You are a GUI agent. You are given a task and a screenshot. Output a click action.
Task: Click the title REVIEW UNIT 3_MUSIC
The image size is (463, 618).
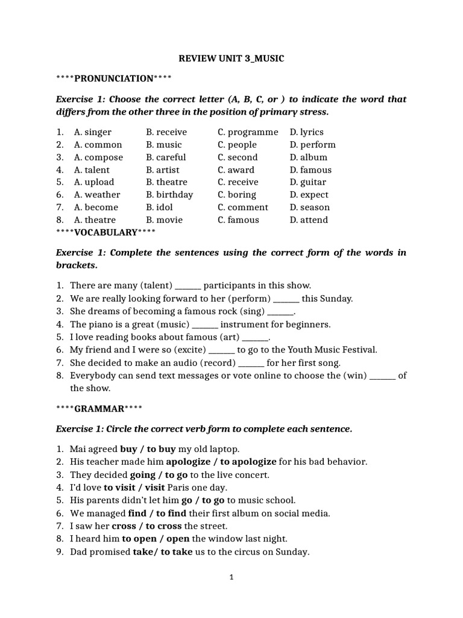coord(231,59)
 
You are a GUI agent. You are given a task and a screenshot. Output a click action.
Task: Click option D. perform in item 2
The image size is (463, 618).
coord(312,145)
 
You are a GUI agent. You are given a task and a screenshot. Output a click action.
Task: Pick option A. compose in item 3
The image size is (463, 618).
coord(98,158)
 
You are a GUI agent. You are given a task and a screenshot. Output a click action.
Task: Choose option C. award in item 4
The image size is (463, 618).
coord(236,170)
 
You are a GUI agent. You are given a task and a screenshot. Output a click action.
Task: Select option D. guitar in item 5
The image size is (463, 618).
coord(307,182)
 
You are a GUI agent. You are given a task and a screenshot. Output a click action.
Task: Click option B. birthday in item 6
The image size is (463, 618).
coord(169,195)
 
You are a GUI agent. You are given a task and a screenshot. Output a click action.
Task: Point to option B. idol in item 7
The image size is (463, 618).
coord(160,208)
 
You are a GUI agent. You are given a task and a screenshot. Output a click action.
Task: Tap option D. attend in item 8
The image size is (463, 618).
coord(309,220)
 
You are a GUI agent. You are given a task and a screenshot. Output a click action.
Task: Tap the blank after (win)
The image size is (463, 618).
coord(382,375)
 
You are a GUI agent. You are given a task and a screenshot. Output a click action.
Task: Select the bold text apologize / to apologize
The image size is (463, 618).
coord(221,462)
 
